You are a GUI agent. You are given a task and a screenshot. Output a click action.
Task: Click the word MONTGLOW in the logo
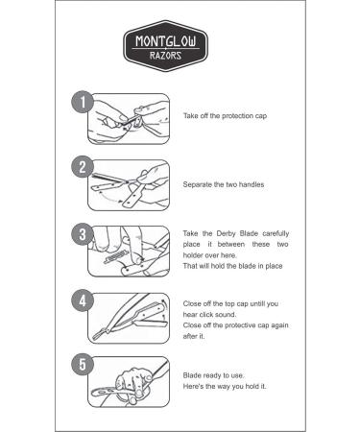[x=165, y=41]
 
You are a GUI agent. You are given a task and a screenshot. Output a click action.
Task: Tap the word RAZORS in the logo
[x=165, y=56]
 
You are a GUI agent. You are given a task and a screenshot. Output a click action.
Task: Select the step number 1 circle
[x=83, y=102]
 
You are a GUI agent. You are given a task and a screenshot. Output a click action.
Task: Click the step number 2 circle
[x=83, y=167]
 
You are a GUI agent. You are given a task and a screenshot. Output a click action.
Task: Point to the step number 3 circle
[x=83, y=234]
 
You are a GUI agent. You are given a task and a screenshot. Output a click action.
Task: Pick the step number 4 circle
[x=83, y=300]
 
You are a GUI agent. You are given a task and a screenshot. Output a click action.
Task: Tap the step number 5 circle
[x=83, y=364]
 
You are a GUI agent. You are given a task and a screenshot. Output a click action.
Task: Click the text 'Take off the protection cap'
[x=225, y=116]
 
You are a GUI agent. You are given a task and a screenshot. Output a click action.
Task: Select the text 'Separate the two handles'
[x=224, y=184]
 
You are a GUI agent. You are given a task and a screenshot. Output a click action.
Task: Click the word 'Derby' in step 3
[x=226, y=233]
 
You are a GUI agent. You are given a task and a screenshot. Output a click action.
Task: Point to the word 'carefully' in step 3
[x=276, y=233]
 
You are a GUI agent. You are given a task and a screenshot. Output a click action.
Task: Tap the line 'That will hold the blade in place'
[x=232, y=266]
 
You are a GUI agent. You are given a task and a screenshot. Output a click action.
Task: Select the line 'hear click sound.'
[x=209, y=315]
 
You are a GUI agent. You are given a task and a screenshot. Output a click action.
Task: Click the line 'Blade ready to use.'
[x=213, y=375]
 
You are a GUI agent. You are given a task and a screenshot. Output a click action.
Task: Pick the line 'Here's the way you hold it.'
[x=225, y=386]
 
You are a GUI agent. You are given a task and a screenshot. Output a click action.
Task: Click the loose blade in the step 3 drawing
[x=113, y=257]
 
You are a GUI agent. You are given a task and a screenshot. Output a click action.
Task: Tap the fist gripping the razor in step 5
[x=133, y=384]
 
